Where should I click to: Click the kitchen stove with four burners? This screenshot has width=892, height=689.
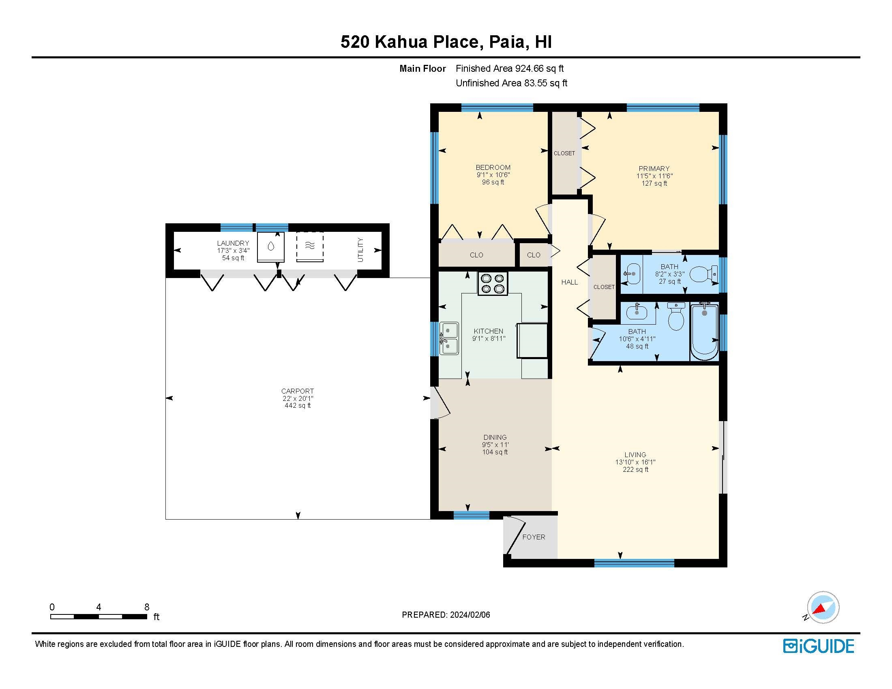click(493, 284)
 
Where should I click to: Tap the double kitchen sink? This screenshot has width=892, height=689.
click(449, 338)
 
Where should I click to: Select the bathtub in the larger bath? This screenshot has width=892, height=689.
click(704, 333)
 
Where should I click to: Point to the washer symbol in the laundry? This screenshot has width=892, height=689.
click(271, 247)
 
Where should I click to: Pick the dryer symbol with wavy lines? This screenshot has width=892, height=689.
click(310, 246)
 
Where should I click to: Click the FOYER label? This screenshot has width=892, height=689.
click(534, 537)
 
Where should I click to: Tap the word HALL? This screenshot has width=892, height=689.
click(569, 282)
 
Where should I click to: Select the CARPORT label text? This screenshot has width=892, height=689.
click(297, 391)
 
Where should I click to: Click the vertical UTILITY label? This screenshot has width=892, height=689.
click(360, 250)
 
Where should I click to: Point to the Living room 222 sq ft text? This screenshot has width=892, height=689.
click(635, 470)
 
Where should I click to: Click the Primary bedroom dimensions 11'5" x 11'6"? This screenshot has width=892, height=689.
click(654, 176)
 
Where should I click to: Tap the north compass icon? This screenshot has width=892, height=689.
click(823, 607)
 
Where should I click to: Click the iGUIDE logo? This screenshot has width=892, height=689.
click(819, 646)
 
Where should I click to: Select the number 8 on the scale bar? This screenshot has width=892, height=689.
click(147, 607)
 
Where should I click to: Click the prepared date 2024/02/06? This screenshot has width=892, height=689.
click(469, 615)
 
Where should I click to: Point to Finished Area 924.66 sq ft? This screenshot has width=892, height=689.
click(509, 68)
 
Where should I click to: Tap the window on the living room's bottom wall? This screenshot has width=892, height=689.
click(634, 563)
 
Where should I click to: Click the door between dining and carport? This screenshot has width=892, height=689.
click(439, 402)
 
